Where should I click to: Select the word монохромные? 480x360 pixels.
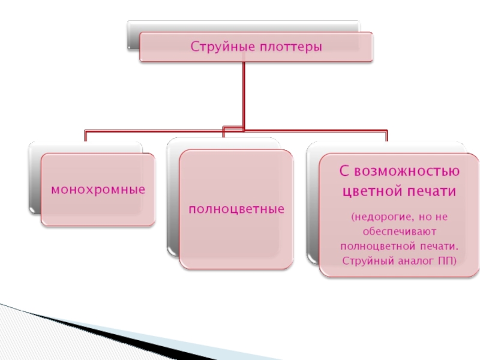[x=98, y=190]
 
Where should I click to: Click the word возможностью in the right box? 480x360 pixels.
[x=407, y=172]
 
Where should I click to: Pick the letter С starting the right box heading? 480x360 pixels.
[x=344, y=172]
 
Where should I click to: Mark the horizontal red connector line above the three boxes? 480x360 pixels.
[x=150, y=130]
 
